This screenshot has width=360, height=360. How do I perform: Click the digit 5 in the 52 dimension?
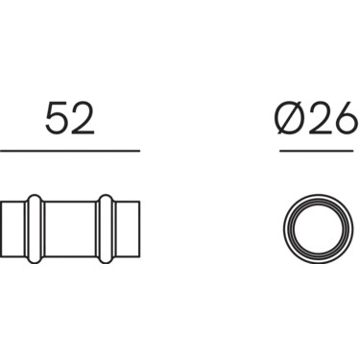(x=57, y=118)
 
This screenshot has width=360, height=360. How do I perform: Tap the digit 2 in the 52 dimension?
(x=83, y=118)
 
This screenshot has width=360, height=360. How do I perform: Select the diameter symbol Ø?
(x=290, y=118)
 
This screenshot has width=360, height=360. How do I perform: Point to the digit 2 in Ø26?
(x=318, y=118)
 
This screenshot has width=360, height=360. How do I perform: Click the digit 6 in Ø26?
(x=344, y=118)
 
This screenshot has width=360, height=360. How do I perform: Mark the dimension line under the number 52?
(x=70, y=151)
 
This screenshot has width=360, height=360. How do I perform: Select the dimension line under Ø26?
(x=317, y=151)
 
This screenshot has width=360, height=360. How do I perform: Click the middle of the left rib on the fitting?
(x=34, y=228)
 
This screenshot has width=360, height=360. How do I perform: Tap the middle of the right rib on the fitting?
(x=106, y=228)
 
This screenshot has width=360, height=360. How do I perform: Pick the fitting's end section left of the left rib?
(x=13, y=228)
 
